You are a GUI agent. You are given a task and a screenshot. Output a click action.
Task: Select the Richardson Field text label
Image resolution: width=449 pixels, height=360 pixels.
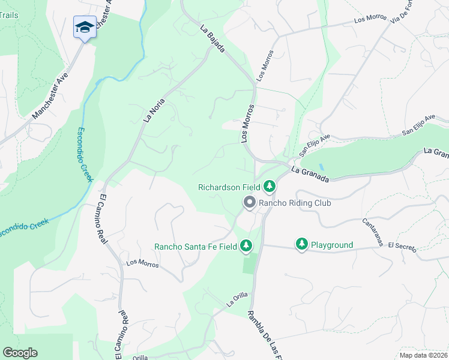click(230, 187)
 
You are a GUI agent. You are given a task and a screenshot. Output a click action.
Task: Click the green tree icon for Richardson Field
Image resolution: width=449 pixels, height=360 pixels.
click(270, 187)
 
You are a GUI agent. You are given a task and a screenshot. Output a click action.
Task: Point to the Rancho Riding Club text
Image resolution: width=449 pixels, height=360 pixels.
click(295, 203)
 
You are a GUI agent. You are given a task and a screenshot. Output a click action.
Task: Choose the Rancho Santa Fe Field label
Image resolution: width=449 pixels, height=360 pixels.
click(196, 246)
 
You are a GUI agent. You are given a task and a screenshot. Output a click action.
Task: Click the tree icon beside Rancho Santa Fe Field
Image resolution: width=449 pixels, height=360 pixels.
click(246, 245)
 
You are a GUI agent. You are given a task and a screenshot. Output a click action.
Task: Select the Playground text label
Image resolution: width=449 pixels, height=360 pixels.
click(332, 245)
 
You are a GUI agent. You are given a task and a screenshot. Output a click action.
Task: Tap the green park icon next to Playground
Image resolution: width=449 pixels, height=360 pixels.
click(301, 244)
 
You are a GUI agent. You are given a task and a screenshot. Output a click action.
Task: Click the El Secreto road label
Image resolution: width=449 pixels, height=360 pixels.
click(402, 246)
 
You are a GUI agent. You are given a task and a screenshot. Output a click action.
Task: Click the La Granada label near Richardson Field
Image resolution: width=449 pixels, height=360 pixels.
click(310, 175)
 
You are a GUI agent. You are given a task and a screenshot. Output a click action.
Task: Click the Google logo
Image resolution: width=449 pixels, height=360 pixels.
click(20, 353)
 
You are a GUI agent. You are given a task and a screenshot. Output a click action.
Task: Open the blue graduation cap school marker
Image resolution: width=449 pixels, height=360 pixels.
click(85, 28)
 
